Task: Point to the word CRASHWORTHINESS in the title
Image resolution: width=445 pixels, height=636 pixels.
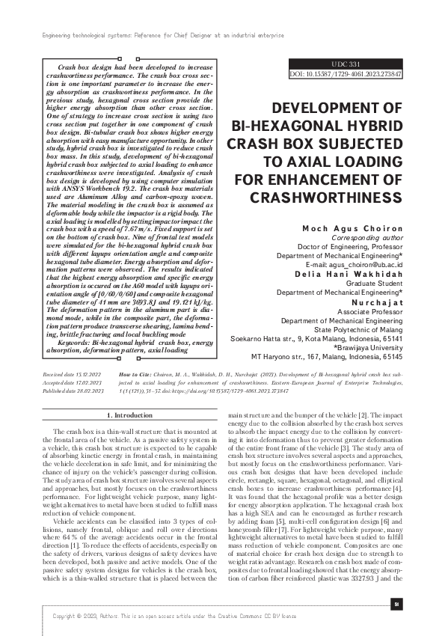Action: coord(327,198)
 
